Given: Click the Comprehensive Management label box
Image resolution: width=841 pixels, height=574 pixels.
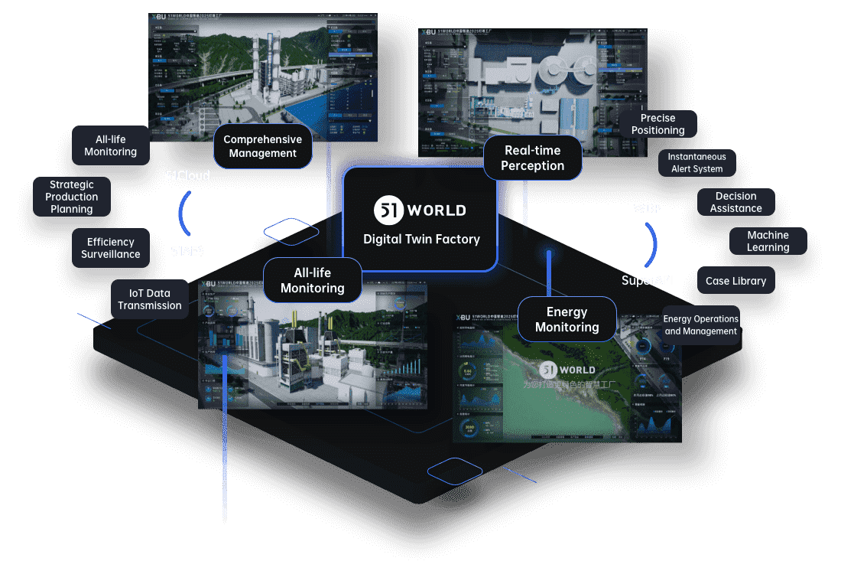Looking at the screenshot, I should point(263,146).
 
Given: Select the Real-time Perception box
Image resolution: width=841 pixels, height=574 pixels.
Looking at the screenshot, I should point(532,158).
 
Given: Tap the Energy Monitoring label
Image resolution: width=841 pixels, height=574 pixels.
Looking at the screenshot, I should point(567,319).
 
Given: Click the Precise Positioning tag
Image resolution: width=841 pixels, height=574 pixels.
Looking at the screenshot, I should point(658,124).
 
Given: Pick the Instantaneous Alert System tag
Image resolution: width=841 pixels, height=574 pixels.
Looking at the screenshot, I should point(697,162).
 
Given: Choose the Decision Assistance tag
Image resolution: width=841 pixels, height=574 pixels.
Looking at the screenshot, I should point(735,202).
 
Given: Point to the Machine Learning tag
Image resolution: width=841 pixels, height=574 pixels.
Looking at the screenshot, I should point(768,241).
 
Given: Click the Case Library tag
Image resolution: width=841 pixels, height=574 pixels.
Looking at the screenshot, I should point(735,281).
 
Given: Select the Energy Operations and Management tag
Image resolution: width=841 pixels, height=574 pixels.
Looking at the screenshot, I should point(700,325).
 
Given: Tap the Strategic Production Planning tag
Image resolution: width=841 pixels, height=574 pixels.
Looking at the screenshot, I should point(72,197).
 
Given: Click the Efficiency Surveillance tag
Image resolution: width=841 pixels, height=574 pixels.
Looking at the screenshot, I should point(111,248).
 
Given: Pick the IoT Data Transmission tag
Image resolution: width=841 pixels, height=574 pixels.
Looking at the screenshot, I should point(150,299).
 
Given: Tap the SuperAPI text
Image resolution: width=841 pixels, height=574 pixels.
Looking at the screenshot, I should point(647,280).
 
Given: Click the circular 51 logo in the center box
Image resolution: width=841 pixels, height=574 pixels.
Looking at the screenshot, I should point(388,210).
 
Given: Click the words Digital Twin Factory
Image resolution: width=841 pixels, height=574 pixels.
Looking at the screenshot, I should point(421,240).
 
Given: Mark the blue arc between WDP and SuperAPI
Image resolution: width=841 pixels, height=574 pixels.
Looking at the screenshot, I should point(652,244).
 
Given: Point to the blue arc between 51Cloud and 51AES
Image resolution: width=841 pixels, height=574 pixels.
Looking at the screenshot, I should point(183,213).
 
